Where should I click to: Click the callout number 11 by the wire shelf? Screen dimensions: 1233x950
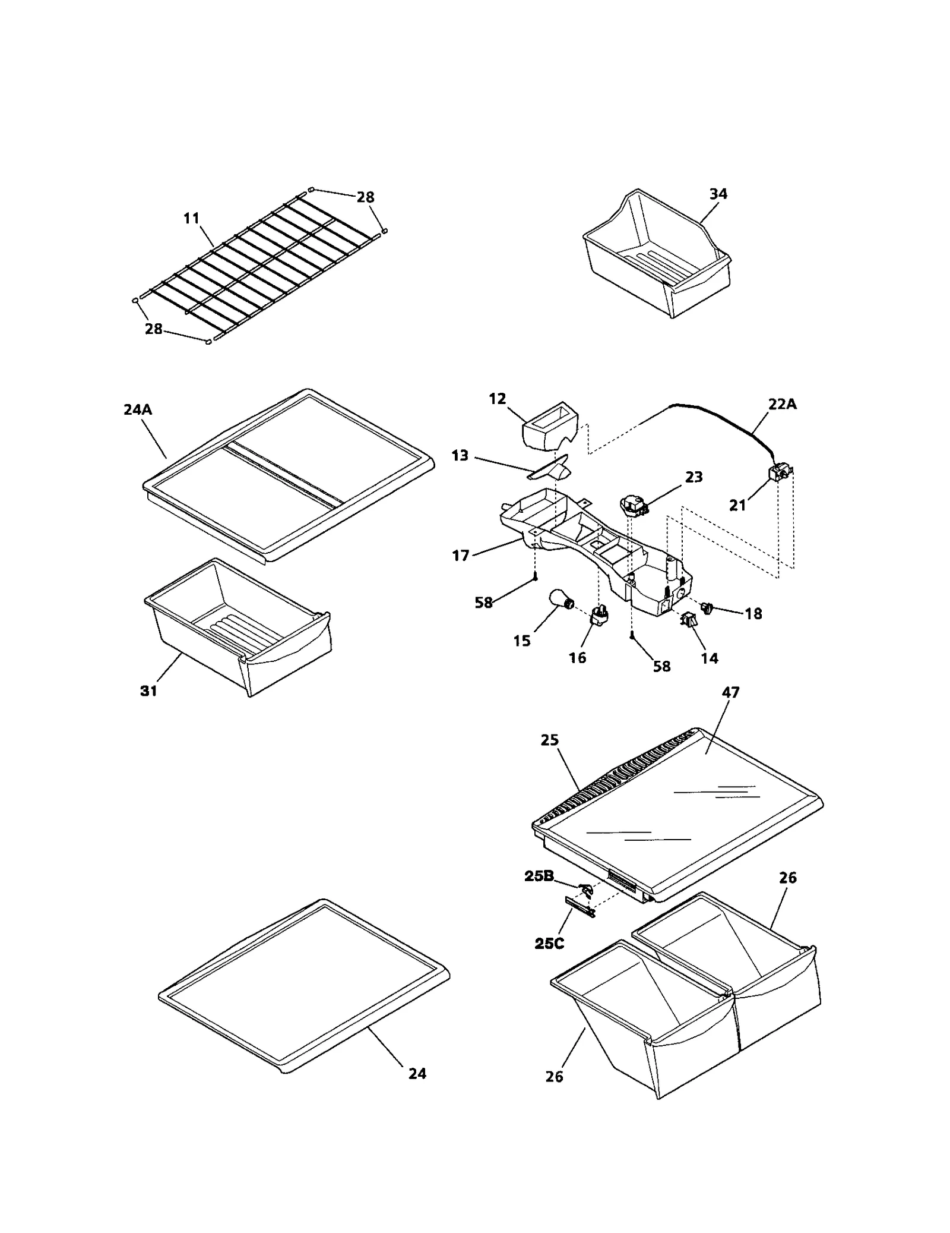coord(191,218)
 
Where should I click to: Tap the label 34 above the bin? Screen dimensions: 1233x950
coord(718,194)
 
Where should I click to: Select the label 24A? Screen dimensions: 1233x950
coord(138,409)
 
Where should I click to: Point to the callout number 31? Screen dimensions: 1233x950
coord(148,690)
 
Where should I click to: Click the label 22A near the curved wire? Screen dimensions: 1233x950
coord(782,404)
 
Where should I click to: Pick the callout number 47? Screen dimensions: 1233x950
coord(730,692)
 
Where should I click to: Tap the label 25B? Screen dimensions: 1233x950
coord(539,876)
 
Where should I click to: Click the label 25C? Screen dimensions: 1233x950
coord(549,943)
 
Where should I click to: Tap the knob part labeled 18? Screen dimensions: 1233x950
coord(707,607)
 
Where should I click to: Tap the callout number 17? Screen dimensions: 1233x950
coord(461,556)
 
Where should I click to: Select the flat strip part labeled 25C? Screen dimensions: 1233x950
coord(579,907)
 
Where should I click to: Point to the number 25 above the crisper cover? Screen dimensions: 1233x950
coord(550,740)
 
